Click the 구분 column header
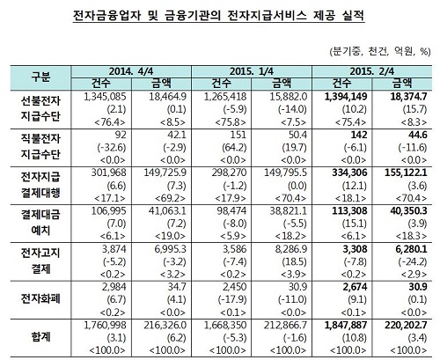pyautogui.click(x=40, y=77)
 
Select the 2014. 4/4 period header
pyautogui.click(x=131, y=71)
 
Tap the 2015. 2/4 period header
pyautogui.click(x=372, y=71)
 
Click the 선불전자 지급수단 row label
pyautogui.click(x=40, y=109)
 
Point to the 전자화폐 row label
pyautogui.click(x=40, y=299)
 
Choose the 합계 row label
pyautogui.click(x=40, y=337)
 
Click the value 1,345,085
pyautogui.click(x=105, y=97)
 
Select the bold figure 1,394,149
pyautogui.click(x=346, y=97)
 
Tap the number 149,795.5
pyautogui.click(x=285, y=173)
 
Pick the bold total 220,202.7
pyautogui.click(x=406, y=325)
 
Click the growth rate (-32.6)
pyautogui.click(x=112, y=147)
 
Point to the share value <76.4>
pyautogui.click(x=110, y=122)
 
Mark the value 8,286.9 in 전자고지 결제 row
pyautogui.click(x=289, y=249)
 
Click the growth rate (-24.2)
pyautogui.click(x=413, y=261)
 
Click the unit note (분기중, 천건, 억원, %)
pyautogui.click(x=380, y=52)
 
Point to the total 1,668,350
pyautogui.click(x=225, y=325)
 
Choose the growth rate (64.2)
pyautogui.click(x=235, y=147)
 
